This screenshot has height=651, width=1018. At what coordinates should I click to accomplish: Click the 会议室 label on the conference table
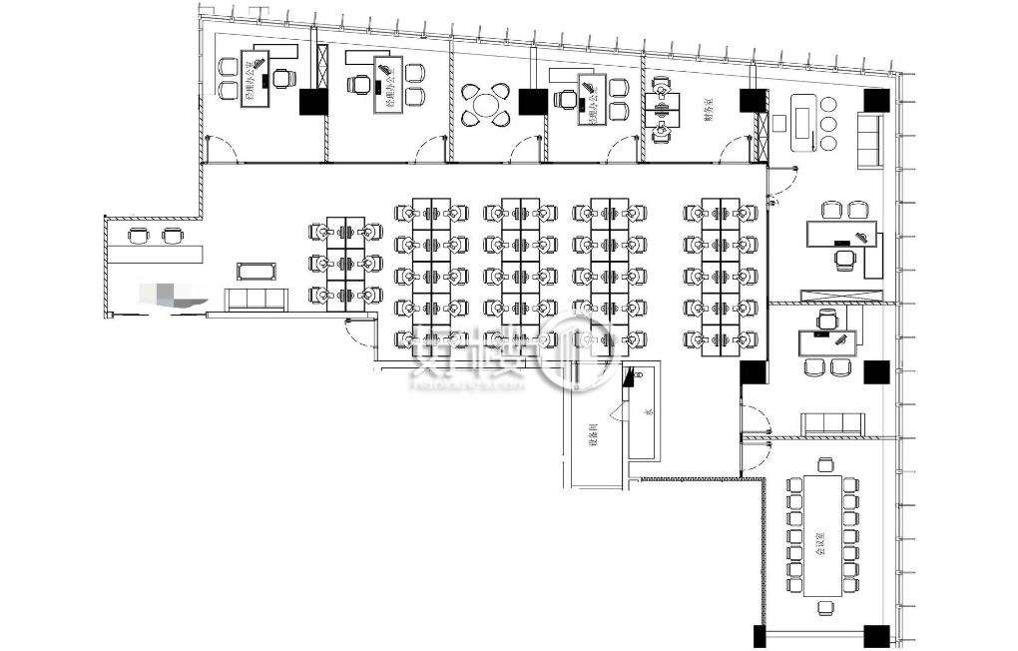pos(820,544)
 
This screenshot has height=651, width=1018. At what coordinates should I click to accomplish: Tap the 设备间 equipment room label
pos(593,432)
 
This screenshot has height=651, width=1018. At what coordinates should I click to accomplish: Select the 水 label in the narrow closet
pos(648,411)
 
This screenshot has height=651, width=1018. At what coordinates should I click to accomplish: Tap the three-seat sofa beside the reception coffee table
pos(257,299)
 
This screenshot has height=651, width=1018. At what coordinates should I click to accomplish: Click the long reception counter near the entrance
pos(155,249)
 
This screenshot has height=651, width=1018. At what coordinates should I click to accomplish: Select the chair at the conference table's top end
pos(825,464)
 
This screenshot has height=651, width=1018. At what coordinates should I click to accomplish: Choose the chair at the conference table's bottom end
pos(825,607)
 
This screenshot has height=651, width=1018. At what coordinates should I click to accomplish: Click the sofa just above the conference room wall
pos(831,423)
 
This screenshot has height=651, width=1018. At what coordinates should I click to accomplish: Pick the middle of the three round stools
pos(827,124)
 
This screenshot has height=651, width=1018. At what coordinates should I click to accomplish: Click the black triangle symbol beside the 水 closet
pos(629,377)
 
